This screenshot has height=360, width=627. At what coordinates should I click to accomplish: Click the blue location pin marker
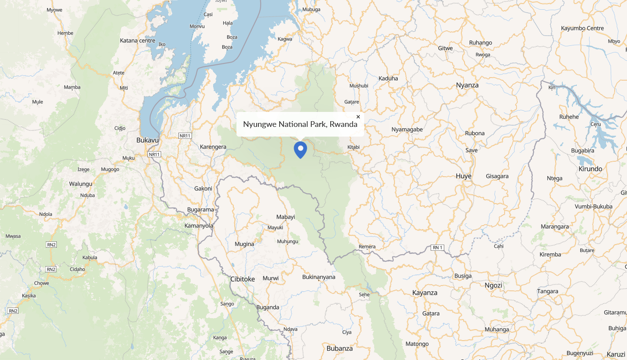click(300, 149)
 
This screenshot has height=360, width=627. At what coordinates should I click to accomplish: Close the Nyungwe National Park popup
click(358, 117)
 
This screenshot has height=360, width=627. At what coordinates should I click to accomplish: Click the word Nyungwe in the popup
click(260, 124)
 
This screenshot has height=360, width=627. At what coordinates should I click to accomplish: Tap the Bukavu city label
click(147, 140)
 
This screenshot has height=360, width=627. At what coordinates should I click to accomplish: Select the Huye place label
click(464, 176)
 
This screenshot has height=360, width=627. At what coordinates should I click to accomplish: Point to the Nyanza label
click(467, 85)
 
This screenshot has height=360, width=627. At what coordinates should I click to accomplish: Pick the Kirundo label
click(590, 169)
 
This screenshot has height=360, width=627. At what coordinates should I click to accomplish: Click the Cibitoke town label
click(243, 279)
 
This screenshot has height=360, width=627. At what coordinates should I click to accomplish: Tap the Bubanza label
click(339, 348)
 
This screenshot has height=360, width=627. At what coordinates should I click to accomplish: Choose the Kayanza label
click(425, 293)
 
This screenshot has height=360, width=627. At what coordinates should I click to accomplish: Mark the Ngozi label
click(493, 285)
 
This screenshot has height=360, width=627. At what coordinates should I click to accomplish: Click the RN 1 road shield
click(437, 248)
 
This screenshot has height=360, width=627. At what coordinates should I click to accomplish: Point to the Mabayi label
click(285, 217)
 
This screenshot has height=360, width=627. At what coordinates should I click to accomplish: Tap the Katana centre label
click(137, 41)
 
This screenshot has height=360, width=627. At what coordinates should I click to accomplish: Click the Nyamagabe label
click(407, 130)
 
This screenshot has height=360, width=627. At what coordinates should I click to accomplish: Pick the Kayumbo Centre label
click(582, 28)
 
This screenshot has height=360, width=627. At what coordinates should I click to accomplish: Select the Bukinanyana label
click(319, 277)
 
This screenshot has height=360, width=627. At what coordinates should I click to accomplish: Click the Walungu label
click(81, 184)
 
